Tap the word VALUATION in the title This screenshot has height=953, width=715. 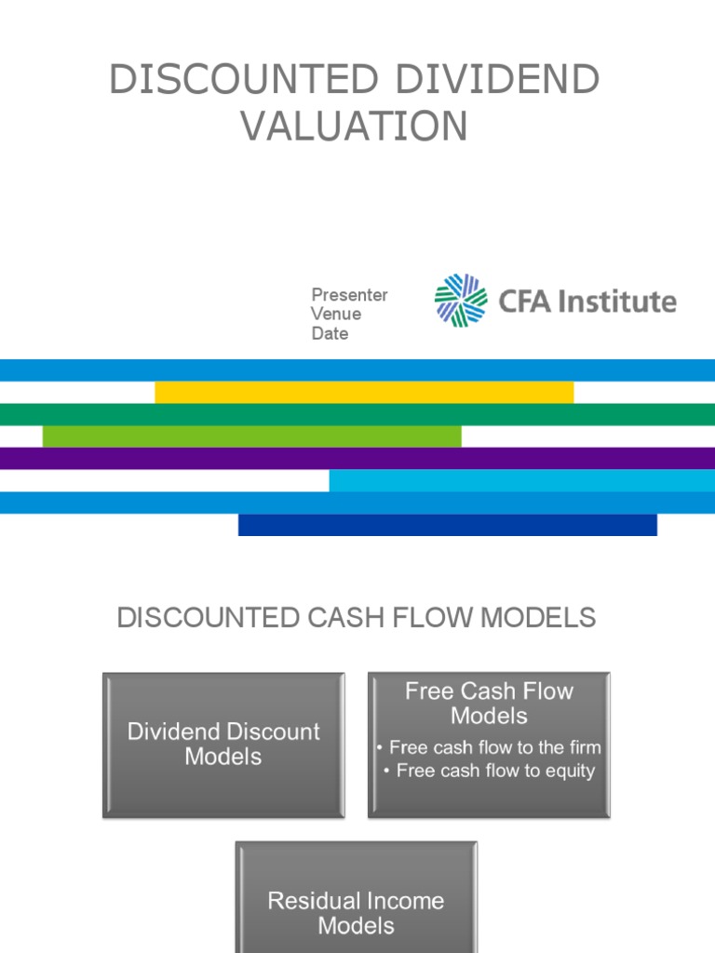[x=355, y=127]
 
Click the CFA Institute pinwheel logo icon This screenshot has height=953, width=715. [x=461, y=301]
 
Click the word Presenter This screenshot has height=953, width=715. [x=349, y=295]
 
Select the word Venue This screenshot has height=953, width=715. [x=336, y=315]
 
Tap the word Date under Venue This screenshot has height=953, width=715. [x=330, y=333]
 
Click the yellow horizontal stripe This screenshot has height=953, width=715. [x=364, y=392]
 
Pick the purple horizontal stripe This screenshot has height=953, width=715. [x=357, y=458]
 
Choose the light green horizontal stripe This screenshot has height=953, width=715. [x=251, y=436]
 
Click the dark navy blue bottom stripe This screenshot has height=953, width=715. [x=447, y=525]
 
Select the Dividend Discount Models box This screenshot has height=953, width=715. [x=223, y=745]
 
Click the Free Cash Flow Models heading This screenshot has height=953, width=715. [x=489, y=704]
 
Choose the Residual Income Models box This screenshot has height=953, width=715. [x=356, y=898]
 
